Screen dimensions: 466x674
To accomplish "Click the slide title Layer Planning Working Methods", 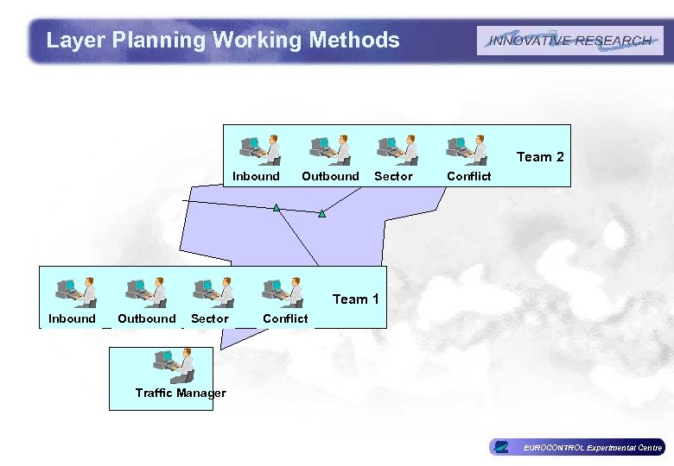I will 223,40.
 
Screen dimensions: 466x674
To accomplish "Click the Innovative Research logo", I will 569,41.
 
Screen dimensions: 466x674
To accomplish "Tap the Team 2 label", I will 540,157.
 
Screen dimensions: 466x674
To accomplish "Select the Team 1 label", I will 356,299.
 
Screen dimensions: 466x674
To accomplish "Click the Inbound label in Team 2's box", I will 256,176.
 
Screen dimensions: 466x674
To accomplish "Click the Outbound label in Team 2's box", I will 330,176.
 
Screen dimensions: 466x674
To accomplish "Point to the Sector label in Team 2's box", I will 393,176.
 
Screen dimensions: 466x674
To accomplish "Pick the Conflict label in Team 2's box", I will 468,176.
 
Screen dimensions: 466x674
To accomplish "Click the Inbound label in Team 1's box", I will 72,318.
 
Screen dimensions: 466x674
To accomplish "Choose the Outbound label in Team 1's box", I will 146,318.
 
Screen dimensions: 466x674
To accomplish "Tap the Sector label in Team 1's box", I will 209,318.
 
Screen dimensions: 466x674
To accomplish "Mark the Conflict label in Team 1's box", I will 285,318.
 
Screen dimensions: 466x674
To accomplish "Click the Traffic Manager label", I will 181,393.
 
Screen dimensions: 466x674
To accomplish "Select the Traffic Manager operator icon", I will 174,366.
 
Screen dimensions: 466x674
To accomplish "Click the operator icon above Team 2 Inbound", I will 260,149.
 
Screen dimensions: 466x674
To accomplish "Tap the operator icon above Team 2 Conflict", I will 467,149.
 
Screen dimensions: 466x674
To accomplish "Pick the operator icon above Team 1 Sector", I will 213,293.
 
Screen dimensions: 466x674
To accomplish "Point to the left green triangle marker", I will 277,208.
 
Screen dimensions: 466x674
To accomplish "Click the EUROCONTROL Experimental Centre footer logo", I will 577,447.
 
